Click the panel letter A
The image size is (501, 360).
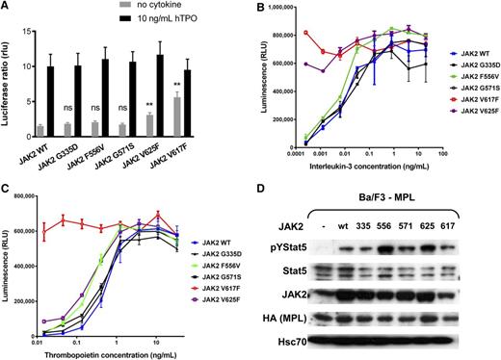8,8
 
